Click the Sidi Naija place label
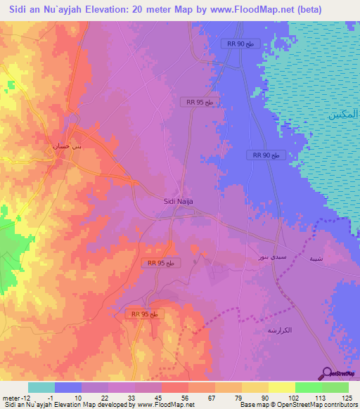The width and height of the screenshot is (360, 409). click(x=178, y=201)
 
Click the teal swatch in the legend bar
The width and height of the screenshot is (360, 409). click(x=41, y=387)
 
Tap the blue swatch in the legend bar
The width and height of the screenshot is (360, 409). click(x=67, y=387)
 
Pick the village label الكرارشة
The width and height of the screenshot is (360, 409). click(x=279, y=329)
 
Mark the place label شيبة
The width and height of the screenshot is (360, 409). click(x=317, y=258)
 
